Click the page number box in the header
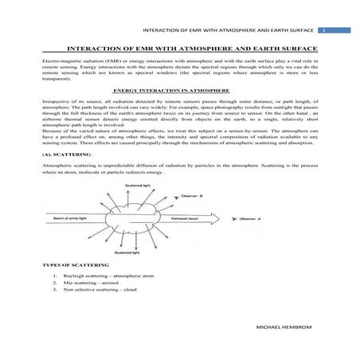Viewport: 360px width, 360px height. click(324, 30)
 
